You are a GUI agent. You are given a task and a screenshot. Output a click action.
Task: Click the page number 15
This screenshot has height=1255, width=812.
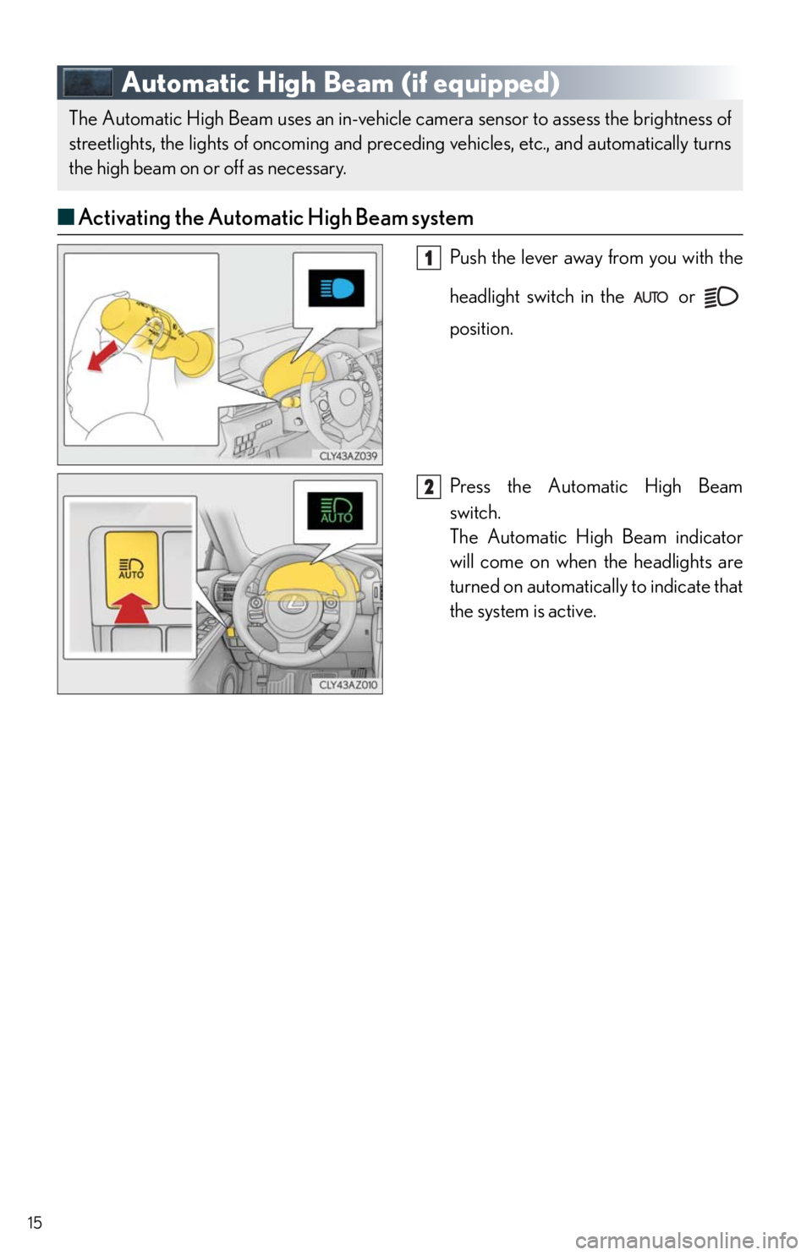(35, 1222)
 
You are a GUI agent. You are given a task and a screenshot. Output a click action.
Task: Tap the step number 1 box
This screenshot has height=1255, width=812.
(429, 258)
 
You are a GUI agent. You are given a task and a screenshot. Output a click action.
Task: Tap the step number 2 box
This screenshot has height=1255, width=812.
(429, 486)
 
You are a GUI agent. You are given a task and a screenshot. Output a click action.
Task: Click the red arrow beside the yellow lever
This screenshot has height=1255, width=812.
(103, 356)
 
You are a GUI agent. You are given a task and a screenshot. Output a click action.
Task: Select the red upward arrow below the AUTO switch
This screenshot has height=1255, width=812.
(132, 607)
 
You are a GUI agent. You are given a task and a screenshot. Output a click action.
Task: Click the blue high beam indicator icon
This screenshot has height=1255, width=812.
(337, 288)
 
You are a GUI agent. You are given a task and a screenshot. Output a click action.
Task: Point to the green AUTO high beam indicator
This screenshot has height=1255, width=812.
(335, 511)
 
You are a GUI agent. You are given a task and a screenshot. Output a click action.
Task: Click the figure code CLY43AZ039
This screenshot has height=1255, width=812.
(348, 456)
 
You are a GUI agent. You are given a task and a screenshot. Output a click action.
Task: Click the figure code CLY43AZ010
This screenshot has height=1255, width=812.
(348, 685)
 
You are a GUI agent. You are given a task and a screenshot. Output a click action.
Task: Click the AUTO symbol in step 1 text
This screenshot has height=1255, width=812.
(650, 297)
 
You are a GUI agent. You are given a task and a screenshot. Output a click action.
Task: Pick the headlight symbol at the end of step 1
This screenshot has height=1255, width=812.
(721, 296)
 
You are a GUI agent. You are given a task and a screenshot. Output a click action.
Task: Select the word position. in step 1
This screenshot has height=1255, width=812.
(481, 330)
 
